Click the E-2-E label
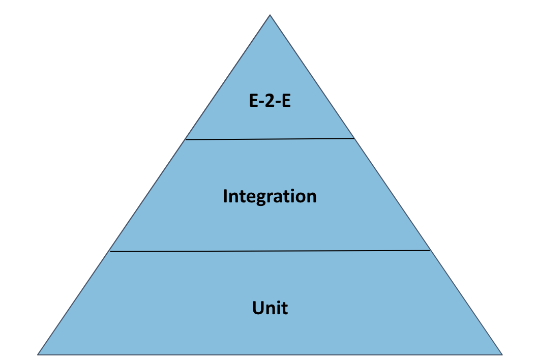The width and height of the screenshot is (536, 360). click(x=270, y=101)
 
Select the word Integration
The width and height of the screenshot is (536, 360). click(x=270, y=196)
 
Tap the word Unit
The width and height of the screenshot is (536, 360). click(x=270, y=308)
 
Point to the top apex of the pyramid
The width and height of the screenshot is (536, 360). click(x=270, y=15)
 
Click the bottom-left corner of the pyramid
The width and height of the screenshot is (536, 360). click(x=38, y=354)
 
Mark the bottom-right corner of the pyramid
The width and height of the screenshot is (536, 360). click(x=502, y=354)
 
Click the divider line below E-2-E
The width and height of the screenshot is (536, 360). click(x=270, y=138)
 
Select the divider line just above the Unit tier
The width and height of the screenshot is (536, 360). click(x=270, y=251)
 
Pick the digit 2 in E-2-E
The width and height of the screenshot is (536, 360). click(x=270, y=101)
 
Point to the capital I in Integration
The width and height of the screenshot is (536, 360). click(x=225, y=196)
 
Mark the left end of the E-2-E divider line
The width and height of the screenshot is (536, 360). click(x=186, y=139)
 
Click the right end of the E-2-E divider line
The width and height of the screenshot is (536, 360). click(x=353, y=138)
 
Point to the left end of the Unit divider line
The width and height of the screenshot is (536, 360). click(x=110, y=251)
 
